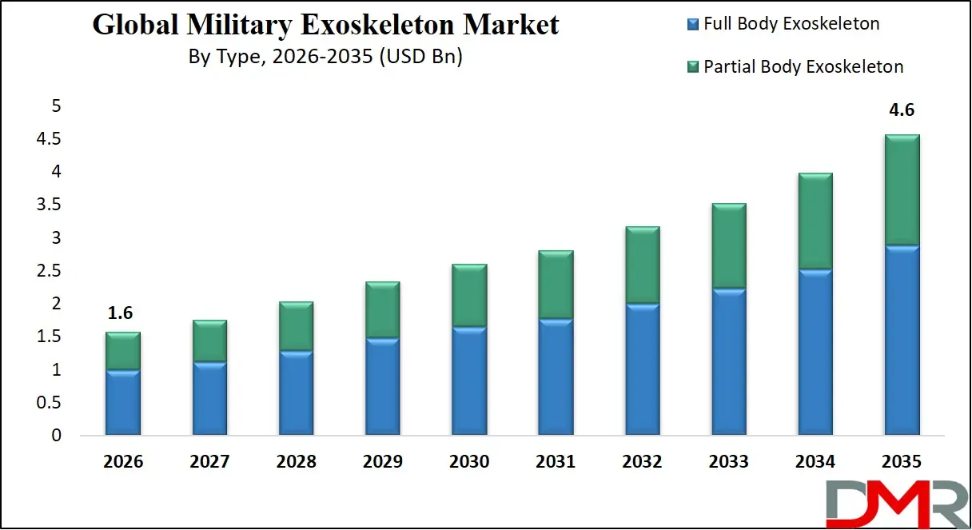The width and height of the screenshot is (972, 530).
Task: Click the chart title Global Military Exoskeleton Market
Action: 325,25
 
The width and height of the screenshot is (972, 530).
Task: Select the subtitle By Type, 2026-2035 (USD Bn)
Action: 325,57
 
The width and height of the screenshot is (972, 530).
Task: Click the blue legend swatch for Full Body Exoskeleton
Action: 693,25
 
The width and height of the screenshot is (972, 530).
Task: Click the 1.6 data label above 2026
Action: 122,313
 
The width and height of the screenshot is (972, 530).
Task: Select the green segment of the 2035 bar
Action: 901,190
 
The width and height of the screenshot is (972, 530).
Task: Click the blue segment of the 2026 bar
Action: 122,402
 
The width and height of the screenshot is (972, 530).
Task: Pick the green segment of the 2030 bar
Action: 469,295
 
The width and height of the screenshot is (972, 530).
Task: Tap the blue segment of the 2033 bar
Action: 728,361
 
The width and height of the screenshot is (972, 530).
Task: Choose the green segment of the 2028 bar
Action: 296,326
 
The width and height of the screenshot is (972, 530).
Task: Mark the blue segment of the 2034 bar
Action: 815,352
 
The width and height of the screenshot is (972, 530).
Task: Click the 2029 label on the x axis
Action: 382,462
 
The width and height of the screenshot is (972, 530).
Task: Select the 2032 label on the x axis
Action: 642,462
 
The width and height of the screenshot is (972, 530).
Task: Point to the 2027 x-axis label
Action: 209,462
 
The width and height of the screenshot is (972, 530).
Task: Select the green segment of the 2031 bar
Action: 556,285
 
